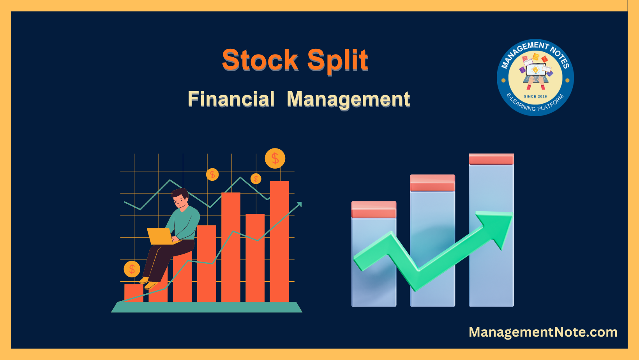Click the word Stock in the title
point(260,60)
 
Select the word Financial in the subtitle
point(231,99)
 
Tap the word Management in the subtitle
point(349,100)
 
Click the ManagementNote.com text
point(543,332)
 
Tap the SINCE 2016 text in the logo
point(535,96)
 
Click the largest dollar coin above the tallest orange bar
point(275,158)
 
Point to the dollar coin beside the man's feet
point(132,269)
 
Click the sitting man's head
point(180,198)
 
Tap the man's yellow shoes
point(149,283)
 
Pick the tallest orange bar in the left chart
point(280,241)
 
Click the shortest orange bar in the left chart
point(134,293)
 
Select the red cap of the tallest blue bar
point(491,159)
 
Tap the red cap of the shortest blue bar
point(374,210)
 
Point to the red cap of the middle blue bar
point(432,183)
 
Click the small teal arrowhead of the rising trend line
point(299,204)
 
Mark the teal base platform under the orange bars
point(207,307)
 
